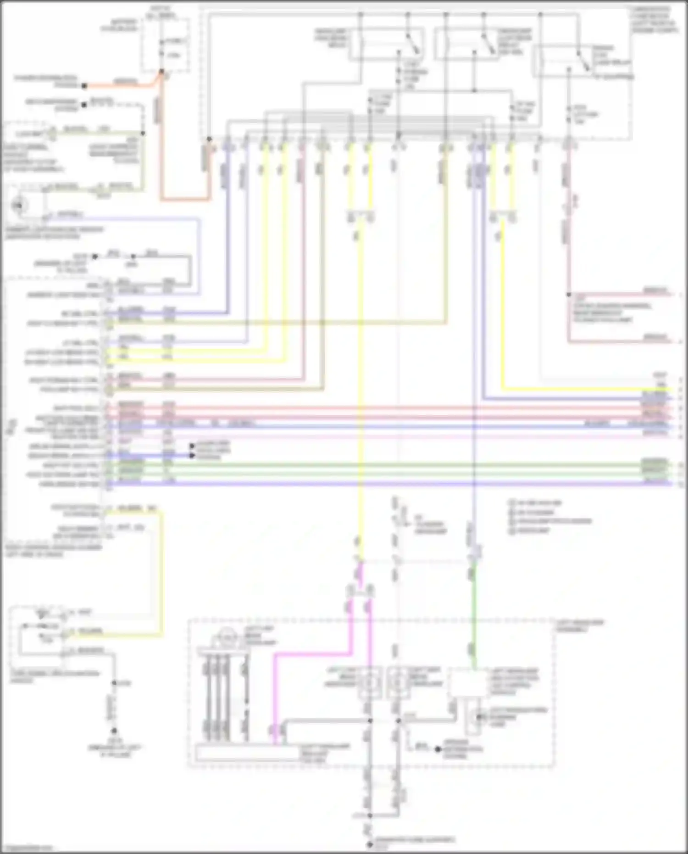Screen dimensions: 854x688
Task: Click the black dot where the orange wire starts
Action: click(84, 86)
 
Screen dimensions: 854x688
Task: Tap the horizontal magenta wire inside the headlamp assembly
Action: click(312, 655)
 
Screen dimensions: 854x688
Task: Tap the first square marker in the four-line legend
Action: click(511, 502)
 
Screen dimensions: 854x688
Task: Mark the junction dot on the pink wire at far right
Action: click(568, 295)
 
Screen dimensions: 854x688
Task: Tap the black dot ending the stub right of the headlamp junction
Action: click(438, 749)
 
